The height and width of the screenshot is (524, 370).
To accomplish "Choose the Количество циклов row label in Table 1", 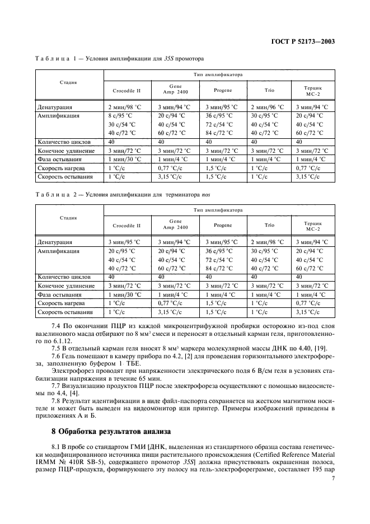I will (64, 142).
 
